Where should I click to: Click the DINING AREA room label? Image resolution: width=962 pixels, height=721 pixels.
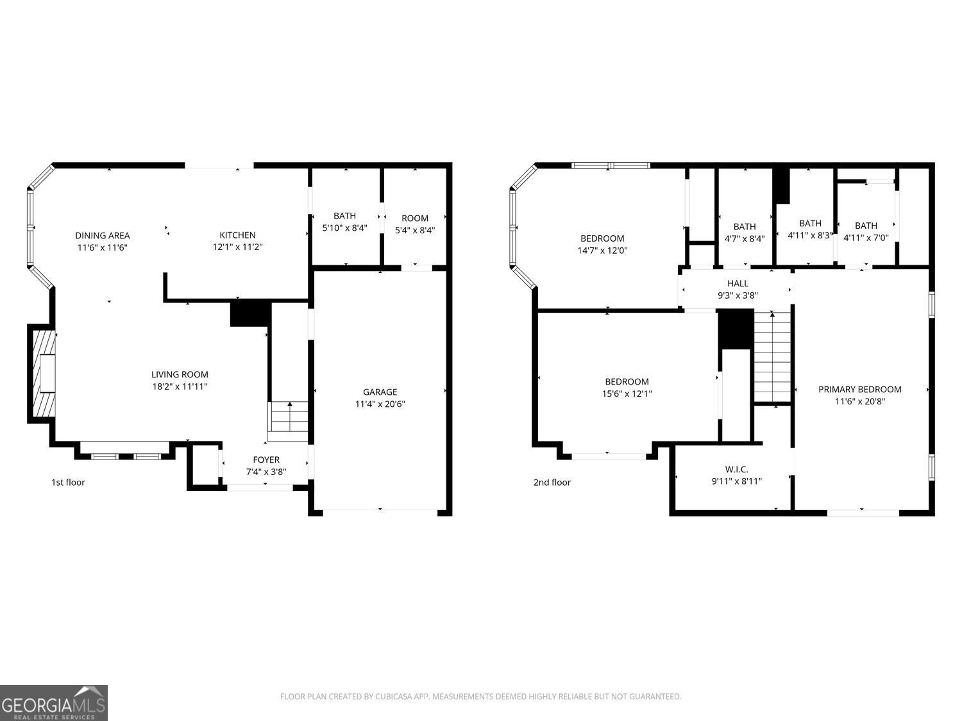coord(102,235)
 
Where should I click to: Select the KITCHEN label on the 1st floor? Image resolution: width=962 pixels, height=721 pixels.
coord(237,235)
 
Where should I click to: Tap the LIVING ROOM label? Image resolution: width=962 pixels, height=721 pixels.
coord(180,374)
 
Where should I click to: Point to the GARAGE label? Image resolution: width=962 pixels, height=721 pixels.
coord(380,392)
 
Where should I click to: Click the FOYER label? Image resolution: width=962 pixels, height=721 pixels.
coord(266,460)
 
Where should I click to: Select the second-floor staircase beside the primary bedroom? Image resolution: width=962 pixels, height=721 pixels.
coord(772,356)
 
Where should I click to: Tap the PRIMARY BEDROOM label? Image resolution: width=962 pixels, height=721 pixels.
coord(859,389)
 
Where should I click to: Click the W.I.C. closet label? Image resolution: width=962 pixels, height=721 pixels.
coord(737,469)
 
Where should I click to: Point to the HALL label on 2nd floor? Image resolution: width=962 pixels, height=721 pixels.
coord(738,283)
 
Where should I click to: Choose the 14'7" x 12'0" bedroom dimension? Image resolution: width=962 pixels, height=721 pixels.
coord(602,251)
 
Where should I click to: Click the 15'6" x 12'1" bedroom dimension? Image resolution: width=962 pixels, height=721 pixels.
coord(627,394)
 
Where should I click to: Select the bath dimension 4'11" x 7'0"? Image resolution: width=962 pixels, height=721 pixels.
coord(866,237)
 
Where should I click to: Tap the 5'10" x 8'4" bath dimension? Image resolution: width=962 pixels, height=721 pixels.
coord(344,228)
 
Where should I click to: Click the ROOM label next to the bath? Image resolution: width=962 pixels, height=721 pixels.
coord(415,218)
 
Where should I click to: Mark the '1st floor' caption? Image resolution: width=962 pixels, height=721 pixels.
coord(68,482)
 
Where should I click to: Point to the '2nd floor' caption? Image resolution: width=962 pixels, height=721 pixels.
coord(552,482)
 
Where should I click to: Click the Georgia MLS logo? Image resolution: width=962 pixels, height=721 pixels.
coord(54,703)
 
